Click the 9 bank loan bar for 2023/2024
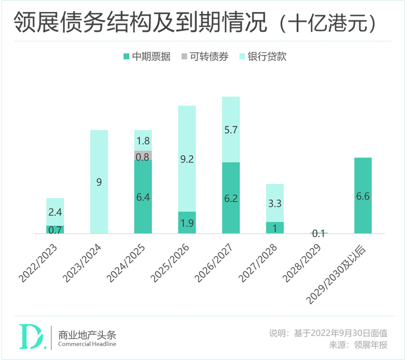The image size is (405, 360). point(99,182)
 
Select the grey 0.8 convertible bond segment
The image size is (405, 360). point(143,156)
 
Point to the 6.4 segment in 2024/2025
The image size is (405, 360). point(143,197)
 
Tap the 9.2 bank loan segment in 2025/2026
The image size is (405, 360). point(187,159)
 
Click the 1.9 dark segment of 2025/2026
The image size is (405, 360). point(187,222)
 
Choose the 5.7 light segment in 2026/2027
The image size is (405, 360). point(231,130)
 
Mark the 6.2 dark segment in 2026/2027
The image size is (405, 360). point(231,198)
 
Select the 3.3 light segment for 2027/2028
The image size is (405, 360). point(275,203)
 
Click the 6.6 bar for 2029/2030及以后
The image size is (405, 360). point(363,196)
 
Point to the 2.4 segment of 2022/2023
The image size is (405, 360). point(55,212)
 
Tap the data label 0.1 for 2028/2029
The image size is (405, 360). point(318,234)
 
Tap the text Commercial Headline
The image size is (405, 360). point(87,344)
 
